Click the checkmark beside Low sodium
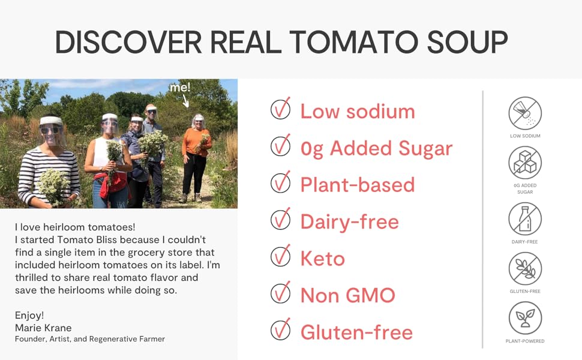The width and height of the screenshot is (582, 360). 280,109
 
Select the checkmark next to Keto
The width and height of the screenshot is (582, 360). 280,257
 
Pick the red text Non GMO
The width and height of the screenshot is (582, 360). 347,295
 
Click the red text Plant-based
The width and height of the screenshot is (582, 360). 358,185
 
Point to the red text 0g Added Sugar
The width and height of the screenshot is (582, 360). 376,148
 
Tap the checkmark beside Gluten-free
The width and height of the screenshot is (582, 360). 280,330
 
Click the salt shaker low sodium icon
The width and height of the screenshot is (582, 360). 525,113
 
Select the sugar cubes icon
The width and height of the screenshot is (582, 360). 525,163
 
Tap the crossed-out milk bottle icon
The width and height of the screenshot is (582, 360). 525,218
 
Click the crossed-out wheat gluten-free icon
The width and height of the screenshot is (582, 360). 525,268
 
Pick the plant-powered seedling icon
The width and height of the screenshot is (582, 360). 525,318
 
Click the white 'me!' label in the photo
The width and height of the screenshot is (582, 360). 180,88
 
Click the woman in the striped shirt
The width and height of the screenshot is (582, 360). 49,162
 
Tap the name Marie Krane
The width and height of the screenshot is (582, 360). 43,328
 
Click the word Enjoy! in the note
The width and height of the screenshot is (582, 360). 29,316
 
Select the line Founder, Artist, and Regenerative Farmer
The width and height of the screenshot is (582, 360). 90,339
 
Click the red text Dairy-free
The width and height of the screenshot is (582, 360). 349,221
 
